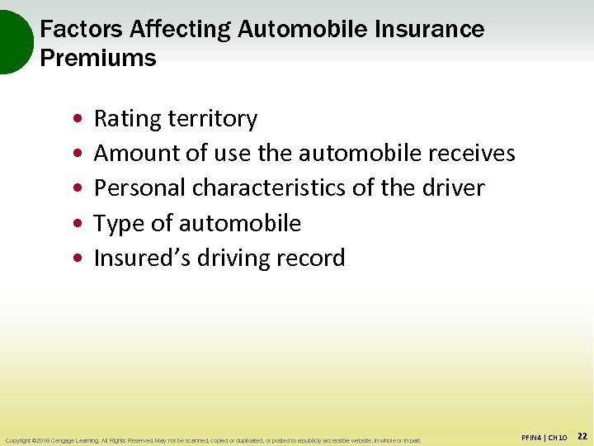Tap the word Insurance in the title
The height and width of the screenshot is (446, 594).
point(430,30)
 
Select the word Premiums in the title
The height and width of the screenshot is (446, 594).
point(98,59)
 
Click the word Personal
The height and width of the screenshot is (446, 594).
point(139,188)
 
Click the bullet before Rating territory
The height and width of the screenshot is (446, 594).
point(76,120)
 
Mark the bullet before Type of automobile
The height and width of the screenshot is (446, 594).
point(76,224)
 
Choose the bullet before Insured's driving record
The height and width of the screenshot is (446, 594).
point(76,259)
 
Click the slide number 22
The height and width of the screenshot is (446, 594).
point(581,435)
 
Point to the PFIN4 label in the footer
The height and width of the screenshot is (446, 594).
point(532,436)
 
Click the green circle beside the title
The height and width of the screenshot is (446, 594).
point(12,41)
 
